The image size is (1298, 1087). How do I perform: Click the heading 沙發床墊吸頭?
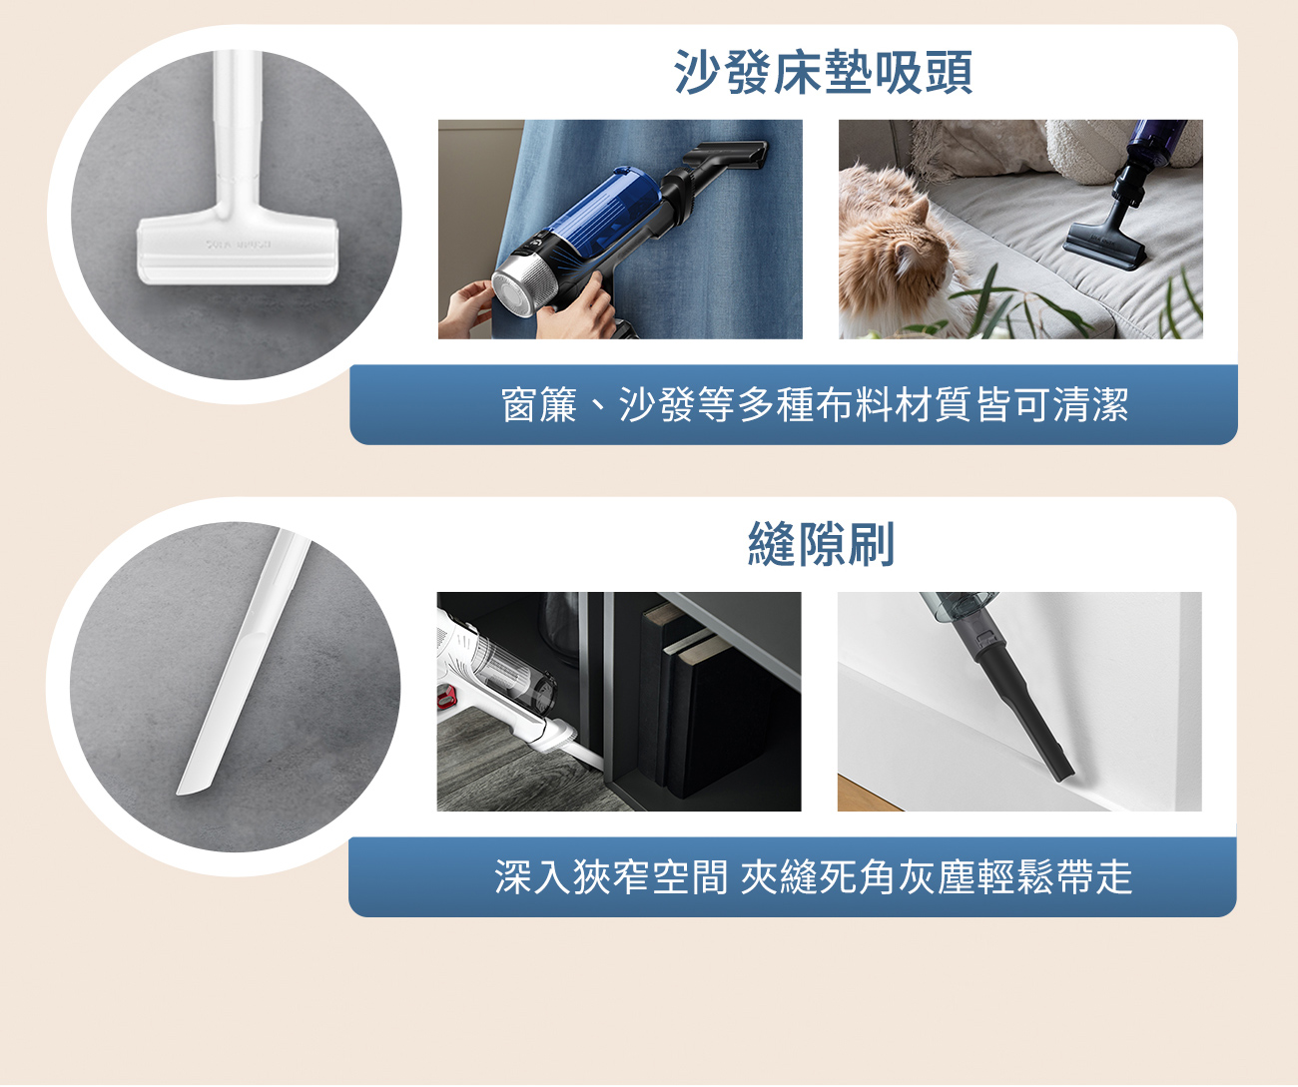(x=823, y=72)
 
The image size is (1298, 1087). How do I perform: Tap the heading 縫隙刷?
(x=821, y=544)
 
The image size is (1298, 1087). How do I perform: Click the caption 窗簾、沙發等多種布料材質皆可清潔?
(x=815, y=404)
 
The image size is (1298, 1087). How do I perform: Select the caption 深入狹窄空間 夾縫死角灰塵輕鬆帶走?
(x=813, y=877)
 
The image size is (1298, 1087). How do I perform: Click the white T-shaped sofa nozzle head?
(x=238, y=251)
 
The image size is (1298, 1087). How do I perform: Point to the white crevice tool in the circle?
(x=244, y=662)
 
